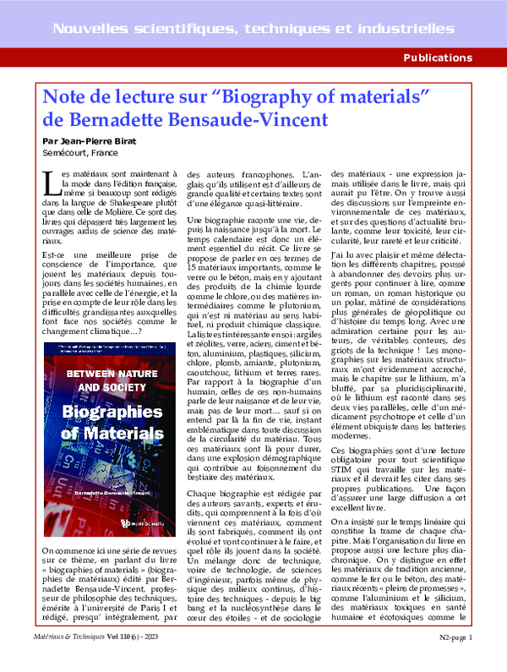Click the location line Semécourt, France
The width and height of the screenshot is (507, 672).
tap(83, 153)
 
